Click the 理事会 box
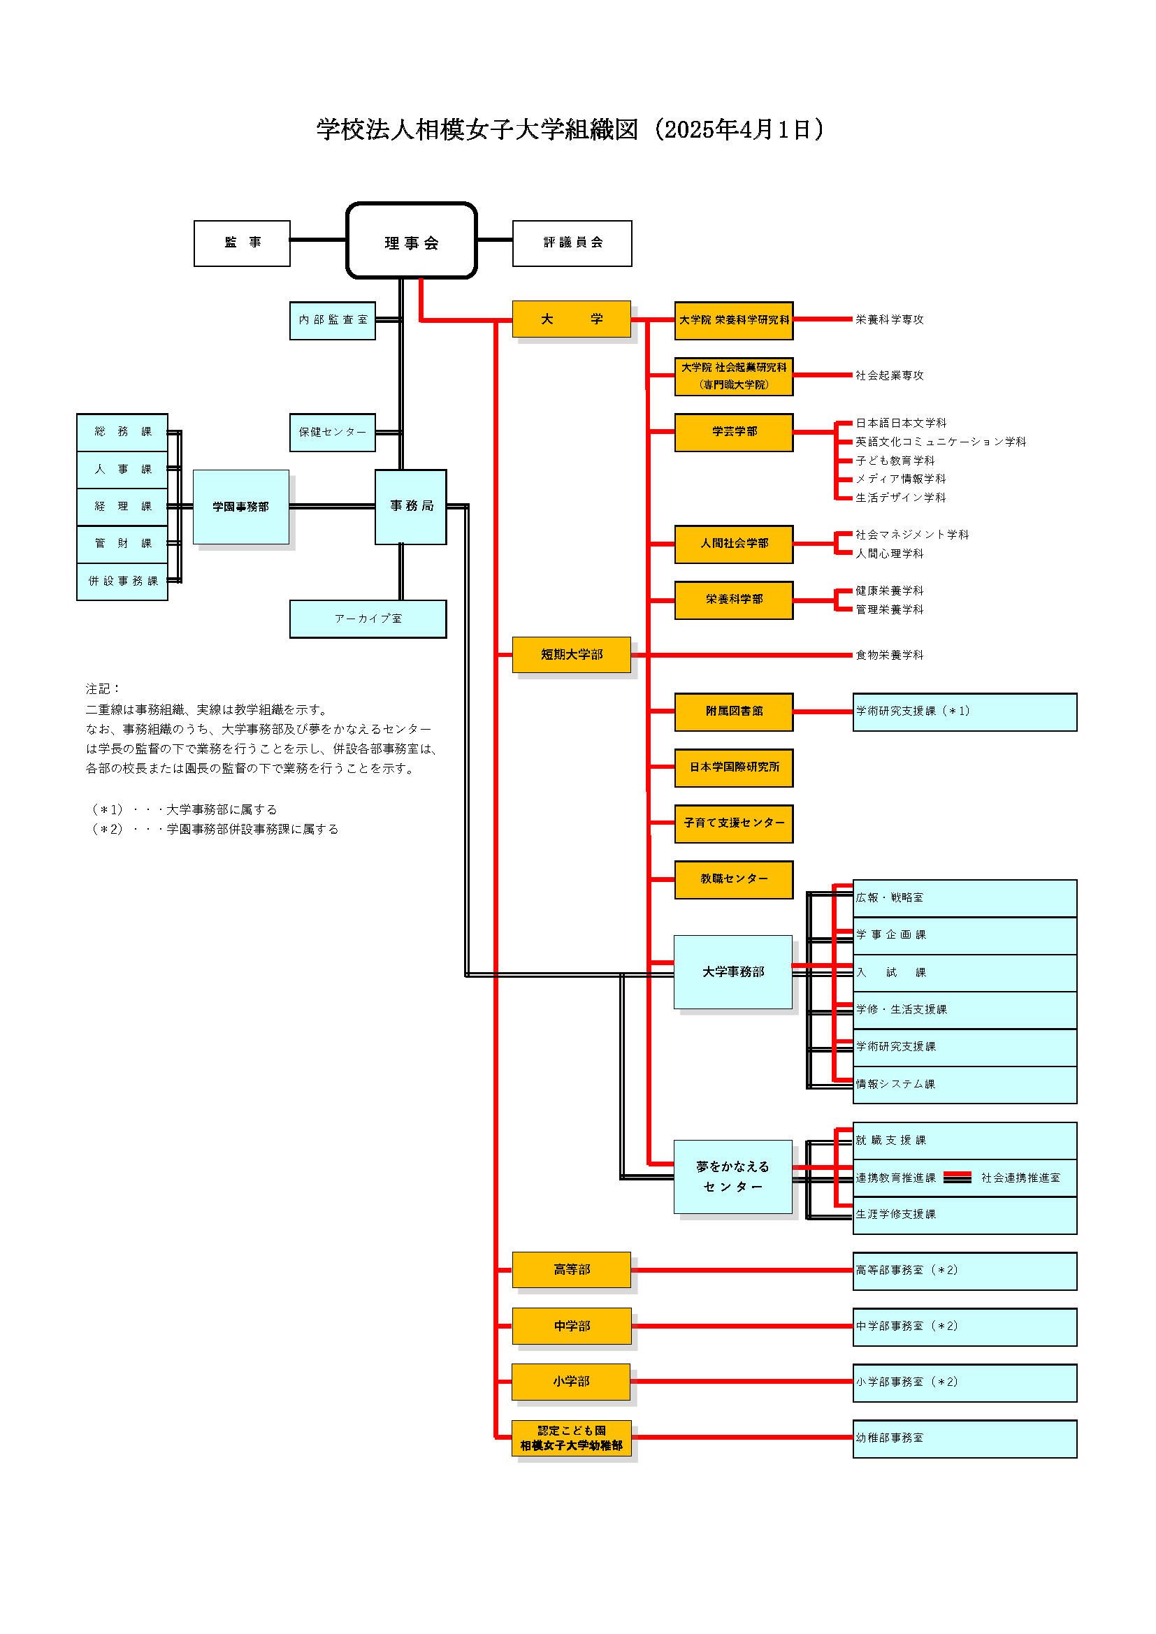click(x=412, y=240)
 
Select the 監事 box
click(x=242, y=243)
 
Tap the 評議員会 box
click(x=572, y=243)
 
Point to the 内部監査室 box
click(x=333, y=320)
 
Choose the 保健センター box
click(x=333, y=433)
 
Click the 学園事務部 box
click(x=240, y=507)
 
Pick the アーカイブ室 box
click(x=368, y=619)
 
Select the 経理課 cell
click(x=122, y=507)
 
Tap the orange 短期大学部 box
click(x=572, y=655)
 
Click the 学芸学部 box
click(x=734, y=432)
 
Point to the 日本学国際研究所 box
click(x=734, y=768)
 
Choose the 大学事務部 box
click(x=733, y=972)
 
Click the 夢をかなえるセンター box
click(x=733, y=1176)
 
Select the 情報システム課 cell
click(x=964, y=1085)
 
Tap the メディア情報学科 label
click(x=900, y=479)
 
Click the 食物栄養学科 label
click(x=889, y=655)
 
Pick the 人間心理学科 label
click(x=889, y=554)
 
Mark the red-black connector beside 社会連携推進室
click(x=958, y=1178)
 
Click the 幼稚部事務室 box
click(x=964, y=1438)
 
